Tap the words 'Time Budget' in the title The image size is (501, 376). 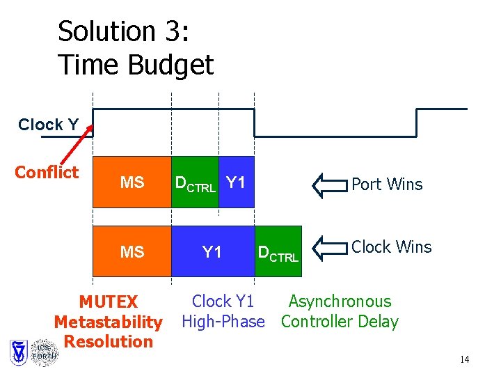tap(136, 65)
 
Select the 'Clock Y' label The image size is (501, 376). tap(48, 125)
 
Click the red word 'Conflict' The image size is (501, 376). tap(47, 172)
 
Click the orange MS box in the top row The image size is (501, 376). tap(132, 182)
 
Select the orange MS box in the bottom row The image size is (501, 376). tap(132, 251)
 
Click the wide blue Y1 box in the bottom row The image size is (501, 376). tap(213, 251)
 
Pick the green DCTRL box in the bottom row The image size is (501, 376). tap(278, 252)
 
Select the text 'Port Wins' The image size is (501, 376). tap(387, 185)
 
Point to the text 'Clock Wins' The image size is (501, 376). tap(391, 247)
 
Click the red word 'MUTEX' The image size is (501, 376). tap(108, 302)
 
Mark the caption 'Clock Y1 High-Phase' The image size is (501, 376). tap(223, 311)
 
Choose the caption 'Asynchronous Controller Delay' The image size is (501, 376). tap(340, 311)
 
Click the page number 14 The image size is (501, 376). tap(464, 359)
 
